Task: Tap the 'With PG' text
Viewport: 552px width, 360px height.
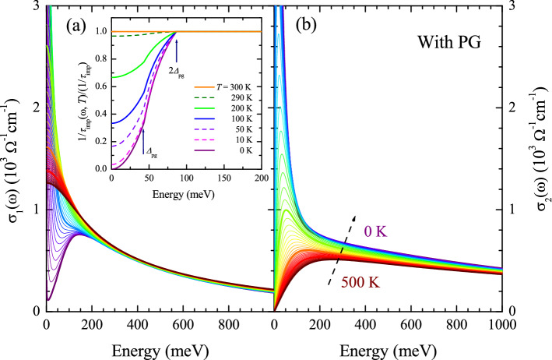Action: click(x=460, y=36)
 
